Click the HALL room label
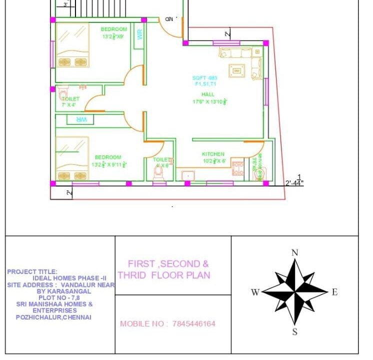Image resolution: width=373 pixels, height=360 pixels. coord(208,94)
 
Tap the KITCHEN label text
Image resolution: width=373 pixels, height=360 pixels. coord(213,154)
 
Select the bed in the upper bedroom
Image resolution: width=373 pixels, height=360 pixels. coord(72,45)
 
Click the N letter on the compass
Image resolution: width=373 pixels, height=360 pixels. coord(295,253)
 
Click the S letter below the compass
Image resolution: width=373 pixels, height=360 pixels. coord(295,332)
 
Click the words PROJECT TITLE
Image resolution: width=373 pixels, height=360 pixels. coord(32,272)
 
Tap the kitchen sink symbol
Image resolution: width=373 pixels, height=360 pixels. coord(188,175)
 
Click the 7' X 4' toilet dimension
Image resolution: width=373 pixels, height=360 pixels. coord(68,105)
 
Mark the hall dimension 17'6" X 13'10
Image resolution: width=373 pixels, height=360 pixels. coord(210,102)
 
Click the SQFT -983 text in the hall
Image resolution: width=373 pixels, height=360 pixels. coord(205,78)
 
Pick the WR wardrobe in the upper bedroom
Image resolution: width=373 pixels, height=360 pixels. coord(139,34)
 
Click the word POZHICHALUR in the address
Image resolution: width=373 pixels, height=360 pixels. coord(37,317)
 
